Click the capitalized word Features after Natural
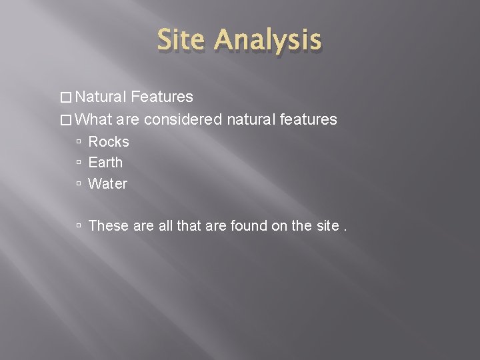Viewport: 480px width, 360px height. pyautogui.click(x=163, y=98)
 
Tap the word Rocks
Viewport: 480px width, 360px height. pyautogui.click(x=109, y=142)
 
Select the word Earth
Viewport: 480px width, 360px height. pyautogui.click(x=105, y=163)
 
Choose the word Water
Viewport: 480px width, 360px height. pyautogui.click(x=107, y=183)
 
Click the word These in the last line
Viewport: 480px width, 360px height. pyautogui.click(x=109, y=226)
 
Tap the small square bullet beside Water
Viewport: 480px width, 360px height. pyautogui.click(x=79, y=184)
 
